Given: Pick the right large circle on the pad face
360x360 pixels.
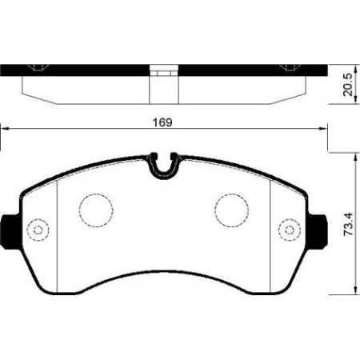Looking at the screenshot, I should [x=231, y=210].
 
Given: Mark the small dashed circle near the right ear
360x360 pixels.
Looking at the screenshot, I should [x=286, y=230].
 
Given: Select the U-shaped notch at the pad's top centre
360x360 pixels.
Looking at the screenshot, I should [x=164, y=167].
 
